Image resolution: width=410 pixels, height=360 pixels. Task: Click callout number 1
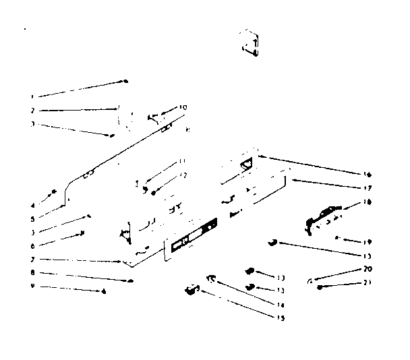[x=32, y=96]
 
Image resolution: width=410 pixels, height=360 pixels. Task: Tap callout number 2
[x=32, y=110]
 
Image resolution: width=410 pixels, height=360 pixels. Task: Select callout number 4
[x=32, y=205]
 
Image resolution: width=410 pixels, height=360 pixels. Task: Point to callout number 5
[x=32, y=218]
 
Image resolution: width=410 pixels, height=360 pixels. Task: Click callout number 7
[x=32, y=259]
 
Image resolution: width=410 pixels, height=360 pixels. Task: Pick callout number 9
[x=32, y=286]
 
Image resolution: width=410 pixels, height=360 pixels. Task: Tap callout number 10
[x=183, y=107]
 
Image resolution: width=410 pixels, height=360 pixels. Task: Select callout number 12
[x=182, y=175]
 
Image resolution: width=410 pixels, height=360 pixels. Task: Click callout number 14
[x=281, y=305]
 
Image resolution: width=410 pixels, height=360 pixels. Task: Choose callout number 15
[x=281, y=318]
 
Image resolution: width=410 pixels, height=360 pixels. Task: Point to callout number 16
[x=368, y=174]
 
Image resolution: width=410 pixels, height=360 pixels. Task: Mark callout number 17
[x=368, y=187]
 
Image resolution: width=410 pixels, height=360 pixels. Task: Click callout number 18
[x=368, y=201]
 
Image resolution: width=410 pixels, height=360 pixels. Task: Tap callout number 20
[x=368, y=268]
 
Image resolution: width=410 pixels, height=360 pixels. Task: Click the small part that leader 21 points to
[x=320, y=287]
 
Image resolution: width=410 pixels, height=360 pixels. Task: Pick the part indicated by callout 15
[x=192, y=291]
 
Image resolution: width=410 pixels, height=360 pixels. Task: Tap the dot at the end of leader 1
[x=125, y=82]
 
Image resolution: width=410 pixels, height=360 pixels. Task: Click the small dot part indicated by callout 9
[x=103, y=291]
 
